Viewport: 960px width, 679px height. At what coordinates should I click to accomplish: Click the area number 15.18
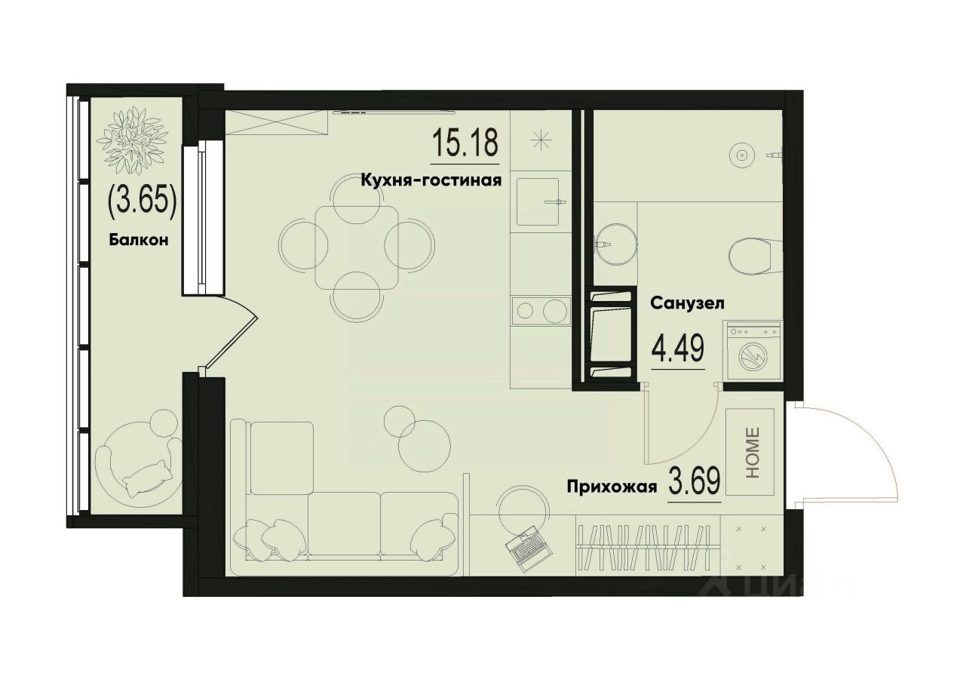tap(465, 143)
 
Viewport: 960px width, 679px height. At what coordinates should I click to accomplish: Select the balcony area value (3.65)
tap(143, 201)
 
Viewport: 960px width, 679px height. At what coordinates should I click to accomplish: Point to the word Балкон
tap(137, 241)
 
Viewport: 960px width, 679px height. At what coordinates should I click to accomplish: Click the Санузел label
tap(688, 304)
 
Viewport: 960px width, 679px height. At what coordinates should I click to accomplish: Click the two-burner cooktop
tap(538, 310)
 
